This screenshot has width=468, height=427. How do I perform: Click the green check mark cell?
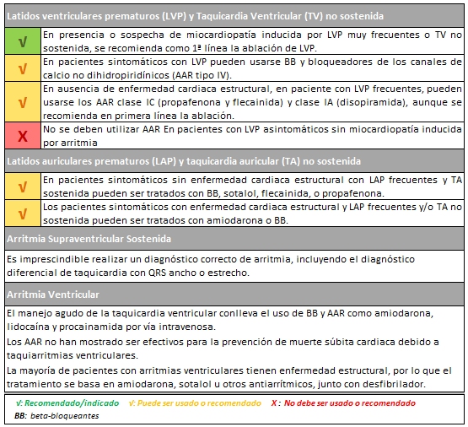(x=21, y=40)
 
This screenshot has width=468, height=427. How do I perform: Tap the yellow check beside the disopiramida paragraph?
(x=21, y=100)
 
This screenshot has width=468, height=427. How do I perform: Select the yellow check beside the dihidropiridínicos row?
(x=21, y=67)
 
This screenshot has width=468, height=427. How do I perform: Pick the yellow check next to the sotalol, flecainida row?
(x=21, y=185)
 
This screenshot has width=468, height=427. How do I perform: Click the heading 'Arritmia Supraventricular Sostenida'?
(x=77, y=238)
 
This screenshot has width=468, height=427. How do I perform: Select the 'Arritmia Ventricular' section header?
(x=52, y=295)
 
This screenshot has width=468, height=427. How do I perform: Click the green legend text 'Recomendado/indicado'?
(x=70, y=403)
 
